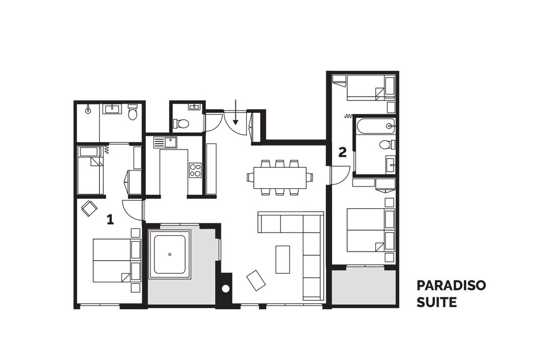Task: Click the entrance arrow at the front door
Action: tap(235, 112)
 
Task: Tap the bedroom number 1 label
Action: tap(110, 219)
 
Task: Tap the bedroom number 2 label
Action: tap(342, 152)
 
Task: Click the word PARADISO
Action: tap(451, 286)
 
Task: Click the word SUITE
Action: tap(437, 302)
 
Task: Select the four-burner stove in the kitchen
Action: tap(195, 170)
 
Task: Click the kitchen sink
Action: tap(165, 142)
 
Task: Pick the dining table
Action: tap(280, 178)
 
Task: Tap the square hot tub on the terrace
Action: tap(170, 254)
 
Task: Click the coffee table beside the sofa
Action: tap(283, 259)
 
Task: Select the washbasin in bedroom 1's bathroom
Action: tap(113, 109)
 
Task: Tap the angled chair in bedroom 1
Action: tap(89, 208)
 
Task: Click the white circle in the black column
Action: tap(225, 289)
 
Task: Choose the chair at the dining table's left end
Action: tap(251, 178)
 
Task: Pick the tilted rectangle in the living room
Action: tap(256, 280)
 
